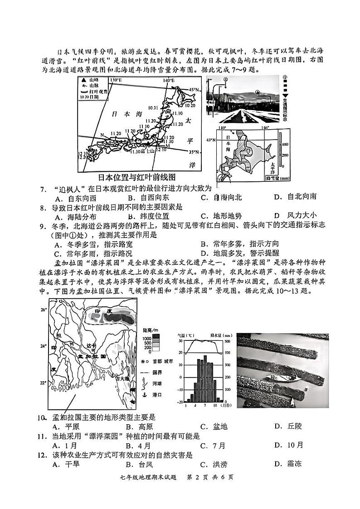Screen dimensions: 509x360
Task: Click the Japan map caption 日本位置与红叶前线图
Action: point(136,177)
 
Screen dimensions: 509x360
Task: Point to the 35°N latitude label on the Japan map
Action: point(194,151)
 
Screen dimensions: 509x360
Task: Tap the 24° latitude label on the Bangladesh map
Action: point(44,346)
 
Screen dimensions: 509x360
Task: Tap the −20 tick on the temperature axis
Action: point(180,402)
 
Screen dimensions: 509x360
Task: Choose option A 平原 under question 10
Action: point(63,426)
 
